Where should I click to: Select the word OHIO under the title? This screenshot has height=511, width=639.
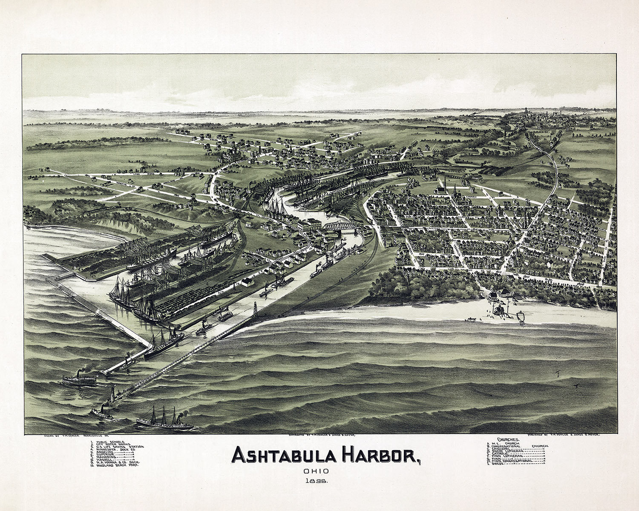[x=316, y=471]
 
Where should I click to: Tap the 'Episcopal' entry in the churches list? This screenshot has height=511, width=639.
[x=503, y=448]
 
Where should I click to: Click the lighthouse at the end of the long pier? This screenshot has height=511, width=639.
[x=112, y=394]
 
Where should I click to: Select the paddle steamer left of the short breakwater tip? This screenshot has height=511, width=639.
[x=79, y=379]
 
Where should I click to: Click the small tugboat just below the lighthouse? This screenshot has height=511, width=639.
[x=101, y=412]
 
